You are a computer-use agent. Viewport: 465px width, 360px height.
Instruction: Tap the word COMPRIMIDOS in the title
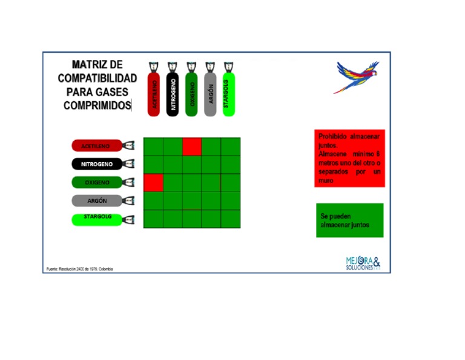point(97,105)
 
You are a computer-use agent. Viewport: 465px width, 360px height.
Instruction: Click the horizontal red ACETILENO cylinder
point(97,146)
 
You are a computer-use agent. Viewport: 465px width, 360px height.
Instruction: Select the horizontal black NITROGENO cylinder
point(97,164)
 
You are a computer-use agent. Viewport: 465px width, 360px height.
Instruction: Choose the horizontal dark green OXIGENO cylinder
point(97,182)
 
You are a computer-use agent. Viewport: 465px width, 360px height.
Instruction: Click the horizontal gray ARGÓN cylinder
point(97,201)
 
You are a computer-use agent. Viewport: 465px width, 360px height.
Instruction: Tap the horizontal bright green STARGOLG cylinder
point(97,219)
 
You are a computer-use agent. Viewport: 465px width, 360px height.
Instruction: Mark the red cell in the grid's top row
point(192,147)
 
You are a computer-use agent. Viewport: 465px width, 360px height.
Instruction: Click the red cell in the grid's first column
point(153,182)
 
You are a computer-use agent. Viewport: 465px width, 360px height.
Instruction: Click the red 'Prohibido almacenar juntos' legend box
point(349,158)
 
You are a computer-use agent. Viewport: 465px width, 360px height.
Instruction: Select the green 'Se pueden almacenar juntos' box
point(349,220)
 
